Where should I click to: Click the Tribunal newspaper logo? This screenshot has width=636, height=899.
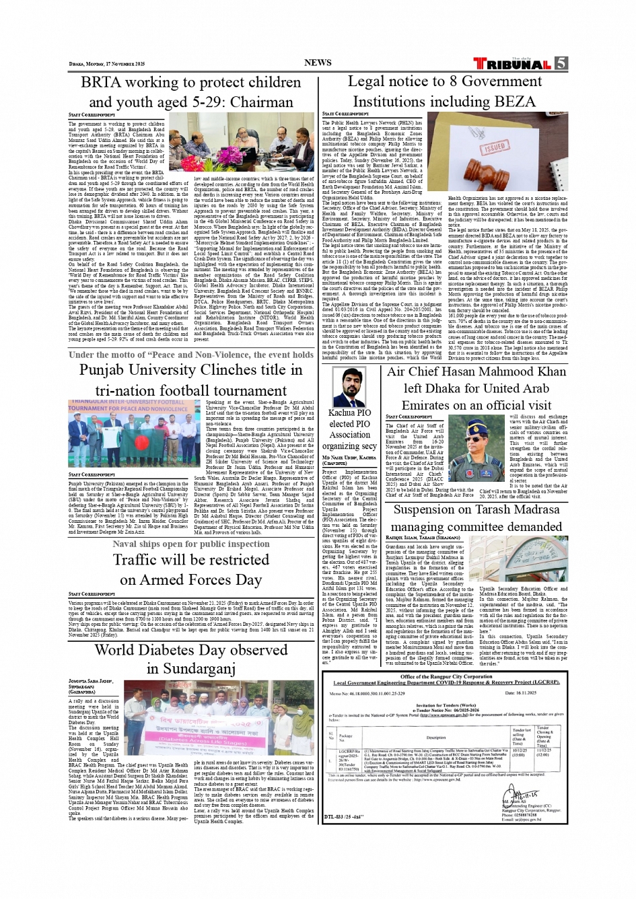point(513,64)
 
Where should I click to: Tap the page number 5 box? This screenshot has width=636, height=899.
point(561,63)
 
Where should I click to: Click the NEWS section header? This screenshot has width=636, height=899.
point(318,63)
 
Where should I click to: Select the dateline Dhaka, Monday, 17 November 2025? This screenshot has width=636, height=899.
point(107,64)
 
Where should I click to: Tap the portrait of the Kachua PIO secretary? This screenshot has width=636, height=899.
point(350,387)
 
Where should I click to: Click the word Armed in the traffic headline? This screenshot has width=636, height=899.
point(178,580)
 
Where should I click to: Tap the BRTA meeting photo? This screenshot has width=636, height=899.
point(241,142)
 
